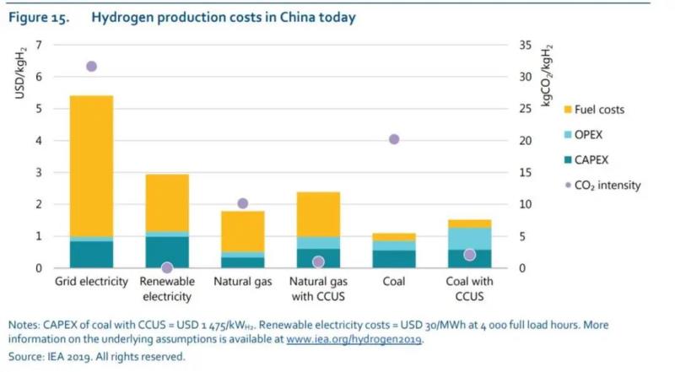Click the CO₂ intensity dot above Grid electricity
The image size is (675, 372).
point(91,66)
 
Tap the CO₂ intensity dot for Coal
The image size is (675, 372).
point(393,139)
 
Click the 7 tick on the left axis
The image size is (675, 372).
point(39,44)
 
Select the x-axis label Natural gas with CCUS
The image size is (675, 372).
point(318,288)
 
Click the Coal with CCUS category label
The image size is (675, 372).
point(469,288)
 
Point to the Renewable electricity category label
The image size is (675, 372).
point(167,288)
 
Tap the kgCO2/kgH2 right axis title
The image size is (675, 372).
point(548,77)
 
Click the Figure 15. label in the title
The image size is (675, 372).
point(39,17)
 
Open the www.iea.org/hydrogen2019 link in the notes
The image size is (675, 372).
point(354,340)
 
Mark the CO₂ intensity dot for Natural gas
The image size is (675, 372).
point(242,203)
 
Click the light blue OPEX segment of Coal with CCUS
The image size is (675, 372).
point(469,238)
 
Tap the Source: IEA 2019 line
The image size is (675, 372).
point(96,357)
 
